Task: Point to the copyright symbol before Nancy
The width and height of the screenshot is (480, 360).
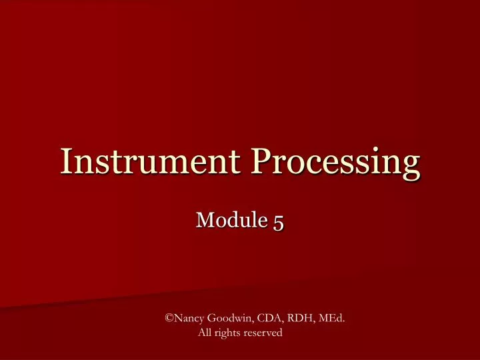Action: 169,319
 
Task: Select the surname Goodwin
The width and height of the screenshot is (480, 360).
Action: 227,319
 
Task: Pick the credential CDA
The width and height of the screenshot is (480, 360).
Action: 266,319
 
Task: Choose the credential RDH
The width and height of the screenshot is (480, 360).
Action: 297,319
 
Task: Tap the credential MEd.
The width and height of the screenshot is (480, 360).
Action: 331,319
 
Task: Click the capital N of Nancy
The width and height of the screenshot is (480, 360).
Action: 177,319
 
